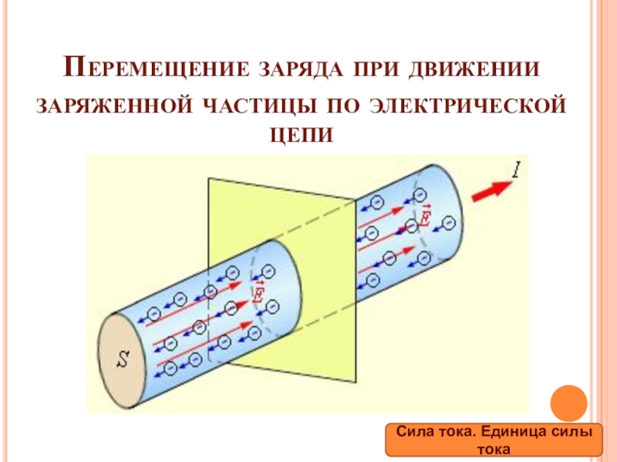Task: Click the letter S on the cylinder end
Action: point(123,358)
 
